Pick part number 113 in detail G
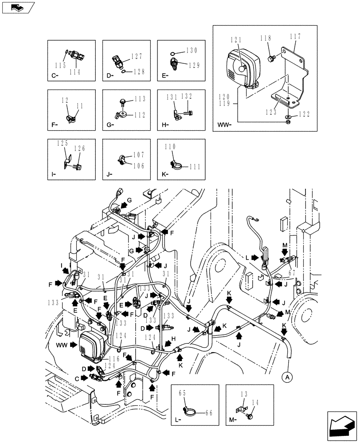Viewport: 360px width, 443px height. tap(140, 99)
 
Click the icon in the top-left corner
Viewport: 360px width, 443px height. tap(18, 7)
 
